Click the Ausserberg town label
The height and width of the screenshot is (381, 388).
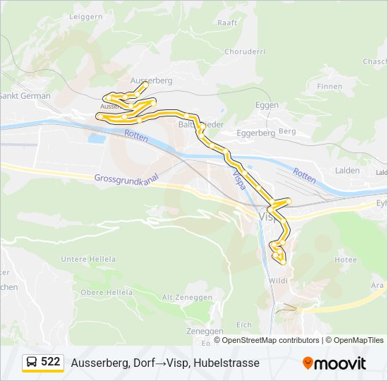(151, 80)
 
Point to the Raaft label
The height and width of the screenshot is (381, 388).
(227, 23)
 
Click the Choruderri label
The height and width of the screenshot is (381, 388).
(243, 52)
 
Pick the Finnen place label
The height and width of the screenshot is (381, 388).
(329, 87)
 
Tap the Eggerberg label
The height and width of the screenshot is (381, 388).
(255, 133)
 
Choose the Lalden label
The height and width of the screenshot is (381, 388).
(347, 170)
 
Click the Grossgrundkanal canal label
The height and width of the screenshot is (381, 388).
(125, 179)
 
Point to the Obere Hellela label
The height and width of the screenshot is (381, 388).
(107, 292)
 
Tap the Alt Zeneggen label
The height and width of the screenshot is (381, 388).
(187, 298)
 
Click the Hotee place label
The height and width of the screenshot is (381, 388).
(345, 260)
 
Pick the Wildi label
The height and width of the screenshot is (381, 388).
(277, 281)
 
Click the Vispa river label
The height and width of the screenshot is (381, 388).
(239, 178)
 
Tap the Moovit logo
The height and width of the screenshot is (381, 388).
(334, 363)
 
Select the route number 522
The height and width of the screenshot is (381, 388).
(51, 362)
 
